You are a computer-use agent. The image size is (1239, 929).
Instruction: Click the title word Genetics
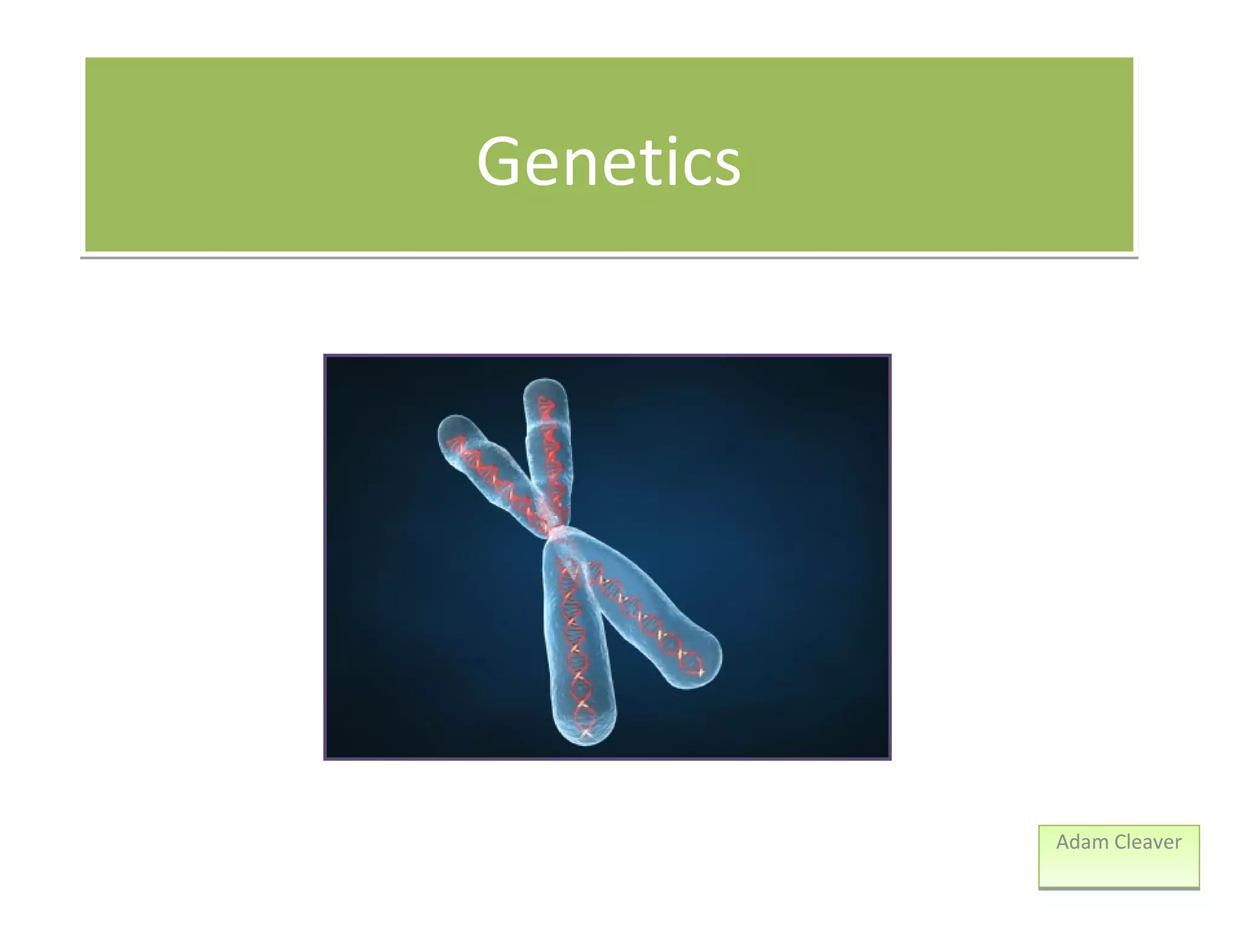pos(609,161)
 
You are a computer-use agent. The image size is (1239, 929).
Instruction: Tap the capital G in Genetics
pos(499,161)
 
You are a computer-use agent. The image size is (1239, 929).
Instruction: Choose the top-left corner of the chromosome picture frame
pos(325,356)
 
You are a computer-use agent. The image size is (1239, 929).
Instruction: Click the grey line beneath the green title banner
pos(609,258)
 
